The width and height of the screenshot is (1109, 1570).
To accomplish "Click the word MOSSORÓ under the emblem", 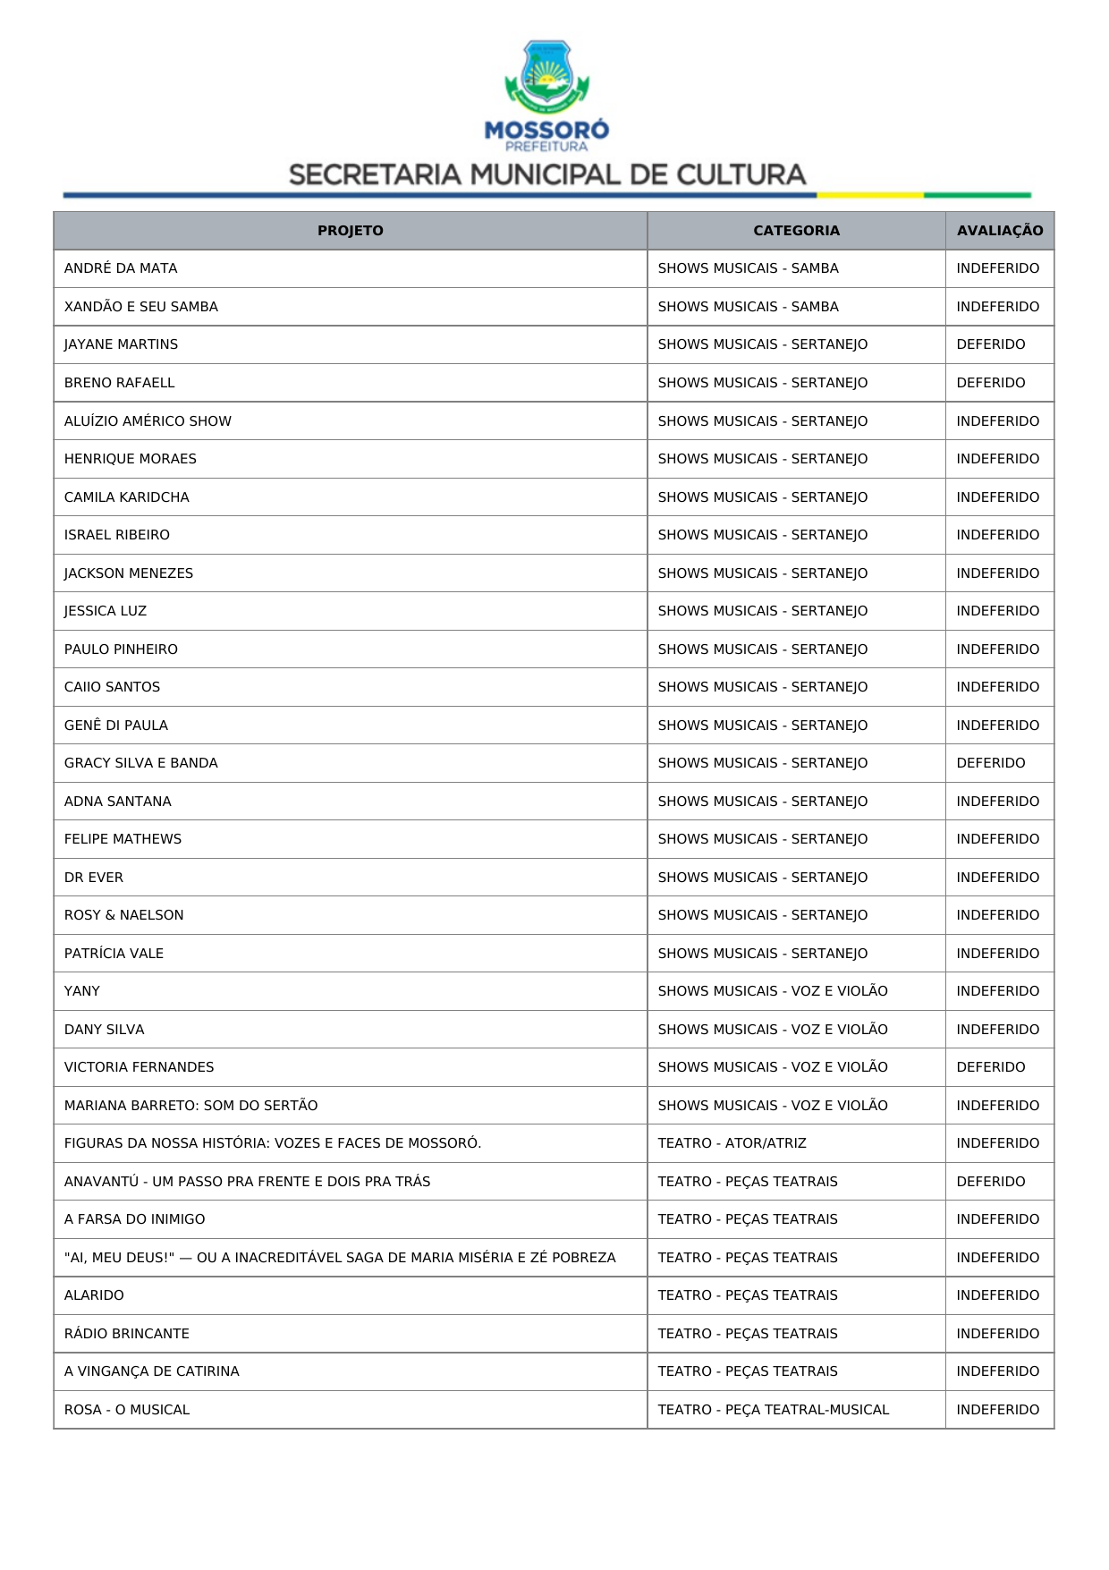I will [546, 131].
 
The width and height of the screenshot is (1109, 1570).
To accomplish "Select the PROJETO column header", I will [350, 231].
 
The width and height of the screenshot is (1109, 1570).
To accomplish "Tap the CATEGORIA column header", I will [796, 231].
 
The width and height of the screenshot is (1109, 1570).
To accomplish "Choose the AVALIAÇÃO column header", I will [999, 231].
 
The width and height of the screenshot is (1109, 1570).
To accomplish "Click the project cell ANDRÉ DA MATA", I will [121, 268].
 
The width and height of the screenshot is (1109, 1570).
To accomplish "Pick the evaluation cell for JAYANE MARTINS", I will [990, 344].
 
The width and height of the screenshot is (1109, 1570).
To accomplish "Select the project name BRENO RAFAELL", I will [120, 383].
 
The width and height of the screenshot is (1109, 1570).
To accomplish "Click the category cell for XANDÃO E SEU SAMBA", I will [748, 307].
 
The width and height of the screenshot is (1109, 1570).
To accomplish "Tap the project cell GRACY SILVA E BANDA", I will [141, 763].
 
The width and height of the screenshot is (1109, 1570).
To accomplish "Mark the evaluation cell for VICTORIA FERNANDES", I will [990, 1067].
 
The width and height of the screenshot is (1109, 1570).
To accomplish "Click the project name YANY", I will [82, 991].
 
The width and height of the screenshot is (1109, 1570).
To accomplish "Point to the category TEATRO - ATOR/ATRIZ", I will [732, 1143].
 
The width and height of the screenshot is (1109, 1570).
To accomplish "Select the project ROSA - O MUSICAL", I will [127, 1410].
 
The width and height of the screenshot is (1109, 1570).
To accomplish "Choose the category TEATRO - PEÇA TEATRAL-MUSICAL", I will [773, 1410].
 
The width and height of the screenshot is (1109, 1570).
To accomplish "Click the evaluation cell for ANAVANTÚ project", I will [990, 1182].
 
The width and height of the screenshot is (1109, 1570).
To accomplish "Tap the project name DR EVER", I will [94, 878].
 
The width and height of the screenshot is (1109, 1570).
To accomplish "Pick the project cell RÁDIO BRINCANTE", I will [127, 1334].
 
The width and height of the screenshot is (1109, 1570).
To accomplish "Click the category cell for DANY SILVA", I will [773, 1030].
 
